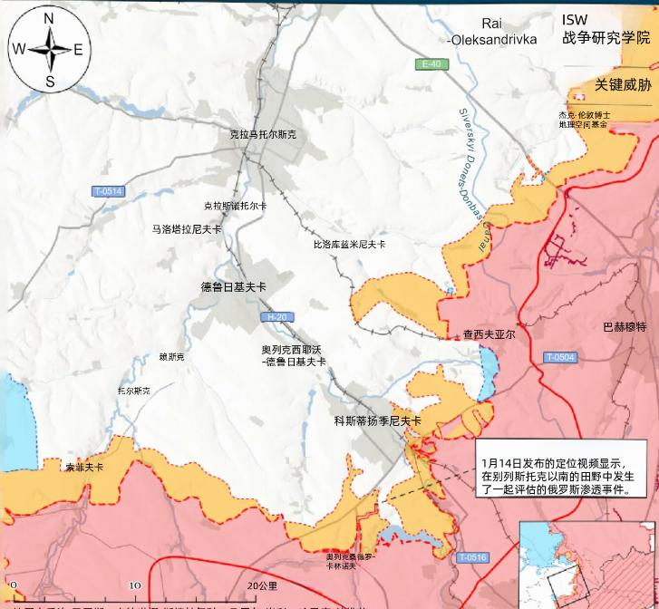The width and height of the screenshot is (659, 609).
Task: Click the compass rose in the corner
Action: (49, 49)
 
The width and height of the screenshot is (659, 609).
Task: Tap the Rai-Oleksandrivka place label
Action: (491, 33)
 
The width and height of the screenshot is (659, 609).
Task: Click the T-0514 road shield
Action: (108, 191)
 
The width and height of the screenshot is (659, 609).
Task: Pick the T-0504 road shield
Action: (559, 357)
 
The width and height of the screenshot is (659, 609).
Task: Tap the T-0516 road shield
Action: (472, 557)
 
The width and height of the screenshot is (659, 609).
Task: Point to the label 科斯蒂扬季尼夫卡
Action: (377, 420)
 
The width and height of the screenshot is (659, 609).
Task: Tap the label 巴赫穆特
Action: (624, 326)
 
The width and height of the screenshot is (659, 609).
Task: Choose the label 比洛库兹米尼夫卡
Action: (349, 245)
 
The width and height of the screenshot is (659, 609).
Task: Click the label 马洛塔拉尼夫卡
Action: (187, 230)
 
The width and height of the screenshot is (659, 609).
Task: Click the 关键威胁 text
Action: (623, 85)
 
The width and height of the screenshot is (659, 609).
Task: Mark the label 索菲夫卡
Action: (84, 468)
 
